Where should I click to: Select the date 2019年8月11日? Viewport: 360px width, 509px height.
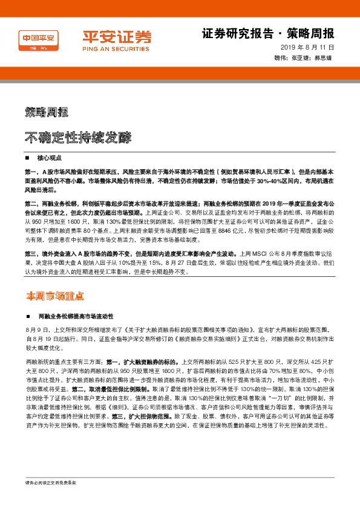click(307, 47)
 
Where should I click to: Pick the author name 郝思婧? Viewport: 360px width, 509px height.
click(325, 58)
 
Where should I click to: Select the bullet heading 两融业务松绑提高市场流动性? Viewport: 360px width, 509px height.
click(76, 316)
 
